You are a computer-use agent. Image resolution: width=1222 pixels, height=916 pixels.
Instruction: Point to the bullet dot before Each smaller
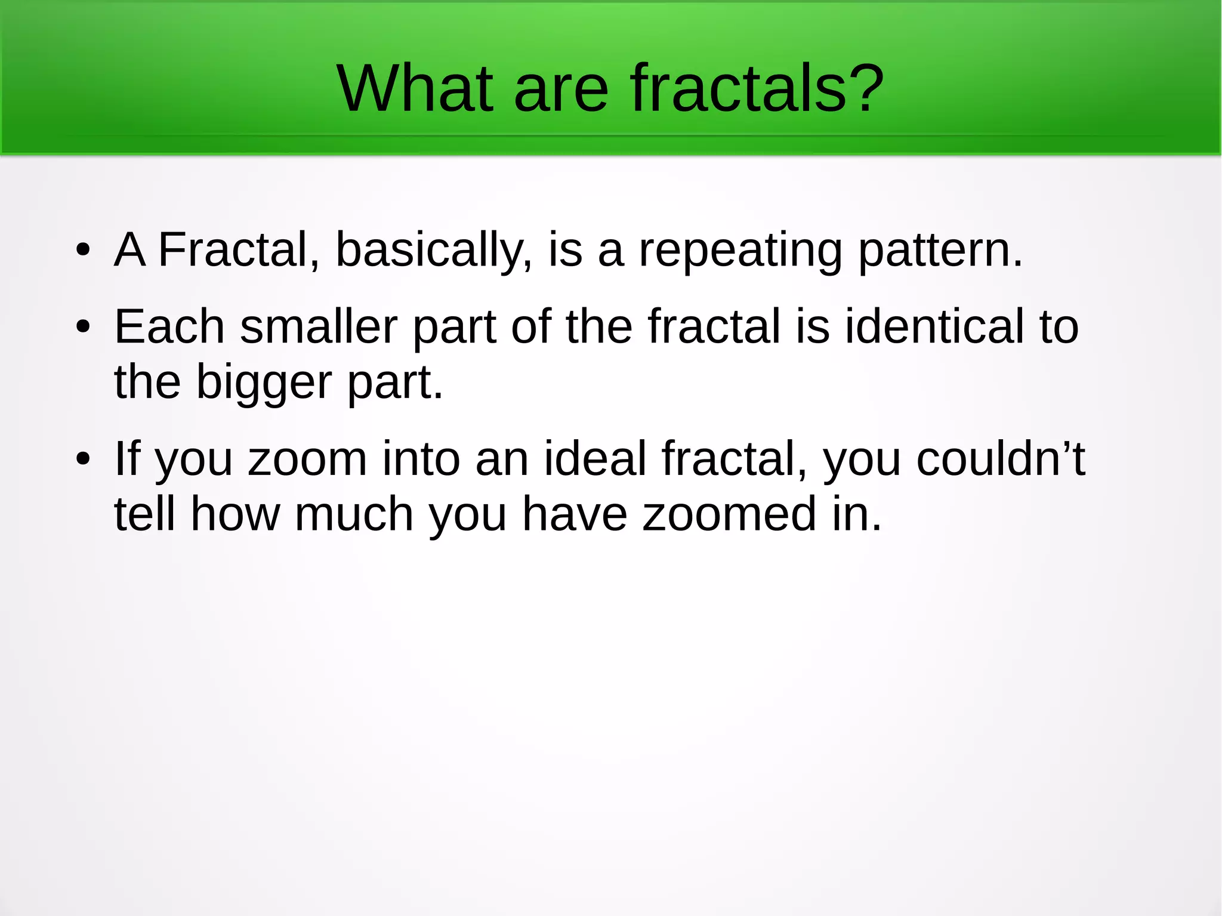click(x=83, y=327)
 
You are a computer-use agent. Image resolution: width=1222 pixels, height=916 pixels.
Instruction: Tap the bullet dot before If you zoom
click(x=83, y=459)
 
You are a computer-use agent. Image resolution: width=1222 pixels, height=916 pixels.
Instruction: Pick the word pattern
click(x=939, y=251)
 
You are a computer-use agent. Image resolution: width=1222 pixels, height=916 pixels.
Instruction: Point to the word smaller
click(x=319, y=327)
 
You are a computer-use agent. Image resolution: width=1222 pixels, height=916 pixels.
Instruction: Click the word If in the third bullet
click(x=127, y=459)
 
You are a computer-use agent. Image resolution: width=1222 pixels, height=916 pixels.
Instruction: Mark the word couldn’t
click(x=1001, y=459)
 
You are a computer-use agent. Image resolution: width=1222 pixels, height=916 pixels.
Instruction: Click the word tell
click(x=145, y=514)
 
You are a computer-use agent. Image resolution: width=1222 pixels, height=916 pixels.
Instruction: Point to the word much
click(x=354, y=514)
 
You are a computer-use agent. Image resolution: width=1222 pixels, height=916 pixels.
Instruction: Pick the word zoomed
click(x=729, y=514)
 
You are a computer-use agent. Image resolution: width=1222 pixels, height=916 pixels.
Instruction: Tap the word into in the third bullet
click(x=421, y=459)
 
